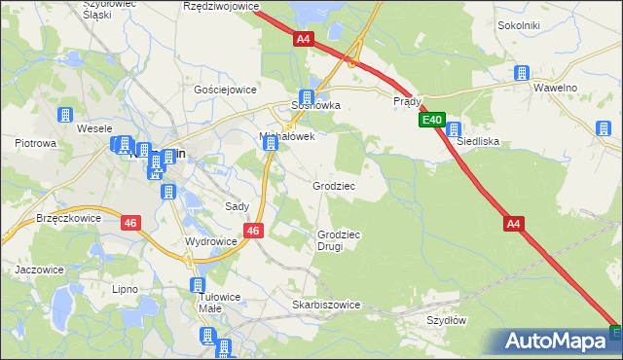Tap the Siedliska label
pos(478,141)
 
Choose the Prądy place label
pos(407,100)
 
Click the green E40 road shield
pos(432,121)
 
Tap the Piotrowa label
pos(35,143)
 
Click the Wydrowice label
pos(210,240)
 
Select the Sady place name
pos(238,206)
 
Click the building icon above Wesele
pos(66,115)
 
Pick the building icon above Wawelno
pos(521,73)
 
